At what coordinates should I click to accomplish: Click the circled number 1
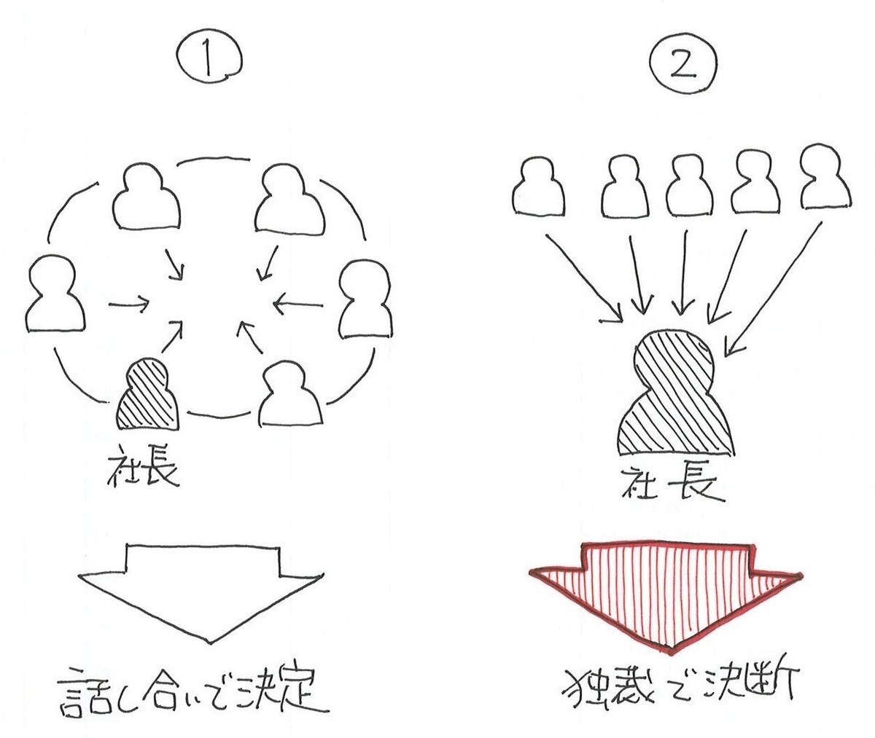(x=209, y=58)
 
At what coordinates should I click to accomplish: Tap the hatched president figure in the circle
(x=148, y=396)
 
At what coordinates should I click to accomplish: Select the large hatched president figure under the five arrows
(x=674, y=398)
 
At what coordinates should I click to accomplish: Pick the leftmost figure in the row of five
(x=540, y=185)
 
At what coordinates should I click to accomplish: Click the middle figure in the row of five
(x=689, y=185)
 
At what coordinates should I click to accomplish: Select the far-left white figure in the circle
(x=55, y=295)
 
